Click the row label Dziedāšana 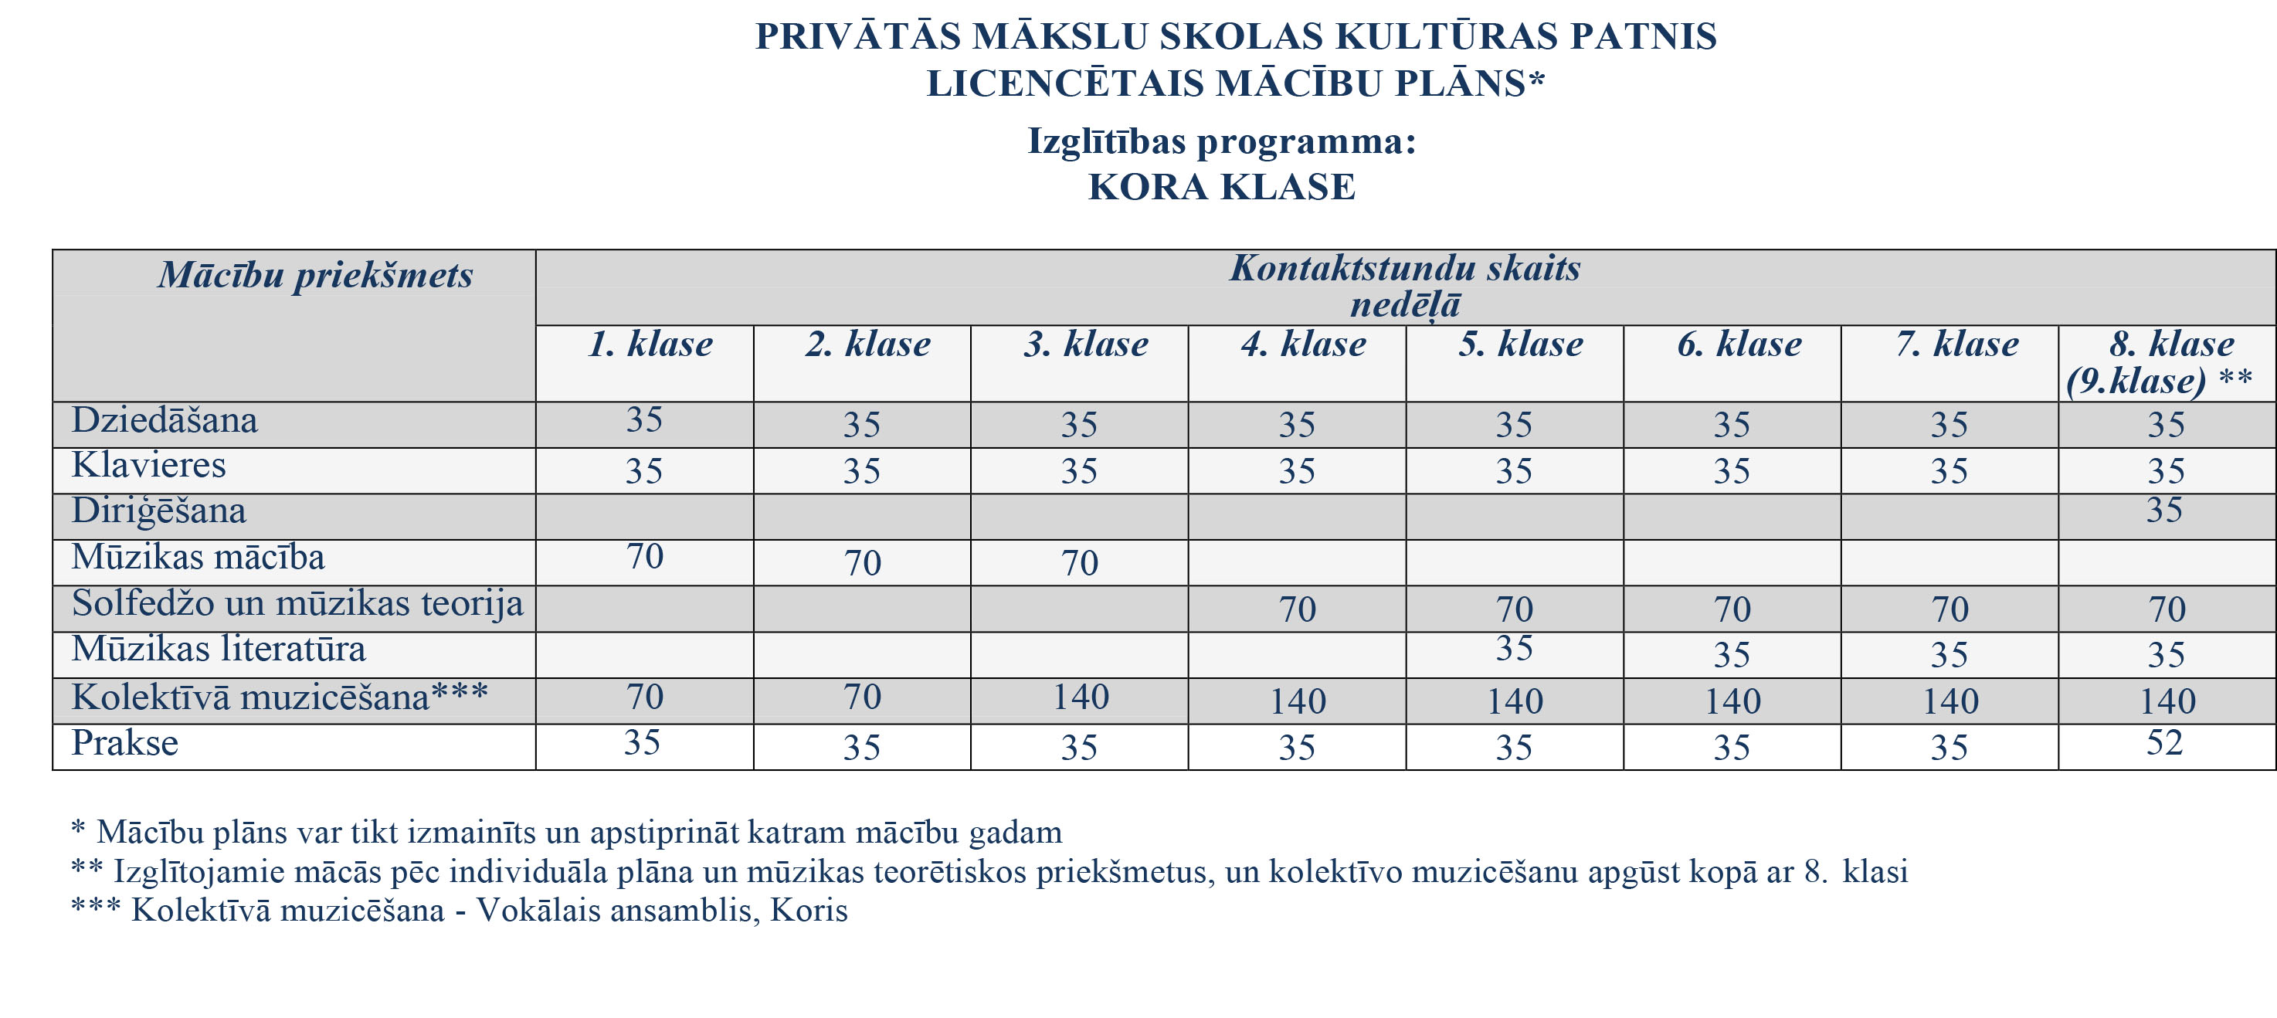(x=165, y=421)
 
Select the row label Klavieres (x=148, y=466)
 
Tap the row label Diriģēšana (x=159, y=511)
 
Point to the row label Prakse (x=124, y=743)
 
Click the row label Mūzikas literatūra (x=219, y=650)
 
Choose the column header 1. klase (x=650, y=344)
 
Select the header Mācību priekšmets (x=316, y=275)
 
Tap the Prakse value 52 (x=2165, y=743)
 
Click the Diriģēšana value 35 (x=2165, y=510)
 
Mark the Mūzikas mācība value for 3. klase (x=1079, y=563)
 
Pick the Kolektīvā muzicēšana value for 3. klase (x=1080, y=697)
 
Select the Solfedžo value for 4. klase (x=1298, y=609)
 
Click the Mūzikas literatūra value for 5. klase (x=1514, y=650)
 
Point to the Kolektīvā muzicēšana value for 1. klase (x=645, y=697)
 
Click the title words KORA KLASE (x=1222, y=188)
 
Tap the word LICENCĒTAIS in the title (x=1065, y=84)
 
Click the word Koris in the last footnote (x=809, y=910)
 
